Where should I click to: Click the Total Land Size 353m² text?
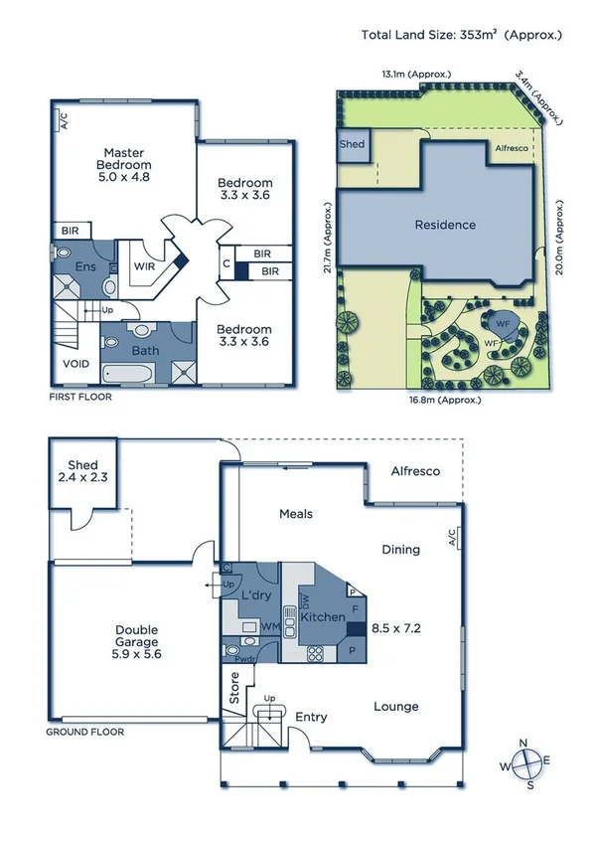pyautogui.click(x=462, y=35)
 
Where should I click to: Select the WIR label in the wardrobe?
pyautogui.click(x=144, y=266)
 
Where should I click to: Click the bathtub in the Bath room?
pyautogui.click(x=127, y=374)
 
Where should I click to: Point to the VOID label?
pyautogui.click(x=75, y=364)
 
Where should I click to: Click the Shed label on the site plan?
pyautogui.click(x=353, y=144)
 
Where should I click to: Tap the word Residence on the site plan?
pyautogui.click(x=444, y=225)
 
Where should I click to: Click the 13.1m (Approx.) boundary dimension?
pyautogui.click(x=416, y=74)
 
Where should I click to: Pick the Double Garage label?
pyautogui.click(x=123, y=634)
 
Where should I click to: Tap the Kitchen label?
pyautogui.click(x=325, y=617)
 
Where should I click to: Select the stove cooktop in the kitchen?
pyautogui.click(x=316, y=653)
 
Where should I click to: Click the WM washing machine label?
pyautogui.click(x=268, y=627)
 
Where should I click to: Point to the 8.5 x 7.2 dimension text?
pyautogui.click(x=394, y=628)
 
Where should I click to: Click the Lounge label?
pyautogui.click(x=395, y=707)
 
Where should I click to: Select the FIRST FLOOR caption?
pyautogui.click(x=80, y=397)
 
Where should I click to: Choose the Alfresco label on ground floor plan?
pyautogui.click(x=415, y=471)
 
